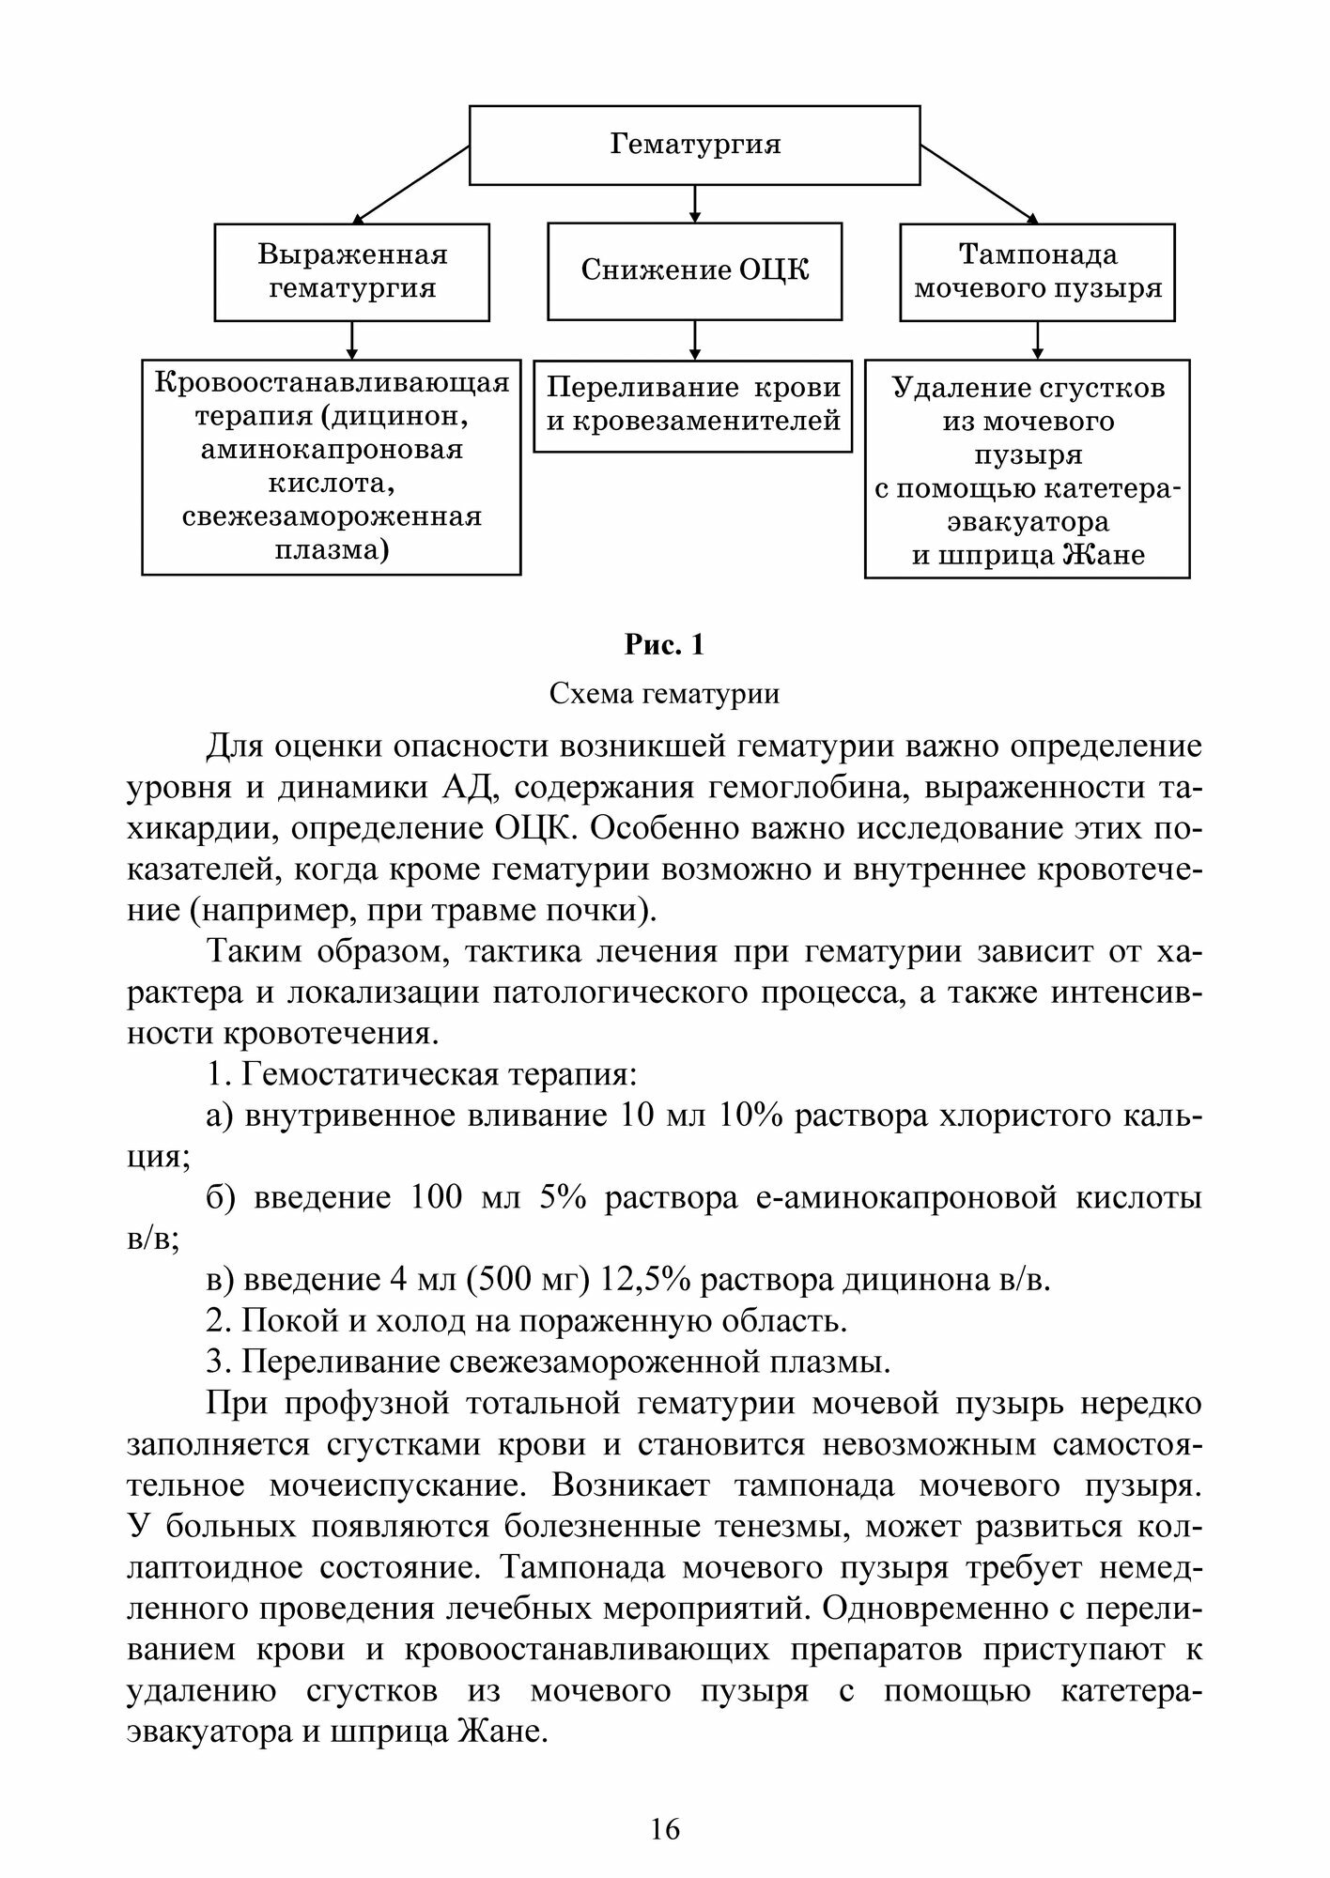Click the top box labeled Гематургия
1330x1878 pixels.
(694, 145)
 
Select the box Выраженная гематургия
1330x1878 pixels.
(352, 271)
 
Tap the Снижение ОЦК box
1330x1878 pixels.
(694, 270)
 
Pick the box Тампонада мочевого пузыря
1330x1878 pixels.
(1037, 271)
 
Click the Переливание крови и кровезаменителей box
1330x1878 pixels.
(693, 406)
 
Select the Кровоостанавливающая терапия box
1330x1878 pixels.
(332, 466)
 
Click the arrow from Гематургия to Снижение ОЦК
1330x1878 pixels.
(694, 203)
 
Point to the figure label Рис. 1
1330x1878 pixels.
(664, 645)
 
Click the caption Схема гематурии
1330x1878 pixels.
(664, 694)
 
